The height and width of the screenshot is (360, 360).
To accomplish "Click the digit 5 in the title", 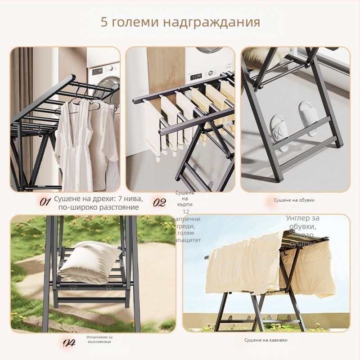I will [104, 22].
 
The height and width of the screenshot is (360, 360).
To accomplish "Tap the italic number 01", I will [45, 202].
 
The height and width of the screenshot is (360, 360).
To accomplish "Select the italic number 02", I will [159, 202].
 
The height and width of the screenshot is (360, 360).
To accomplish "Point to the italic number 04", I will [69, 343].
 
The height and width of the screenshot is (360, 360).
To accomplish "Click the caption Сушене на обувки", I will [294, 200].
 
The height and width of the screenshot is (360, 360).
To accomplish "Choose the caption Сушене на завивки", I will [265, 340].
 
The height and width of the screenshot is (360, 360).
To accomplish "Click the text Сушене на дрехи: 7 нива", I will [98, 199].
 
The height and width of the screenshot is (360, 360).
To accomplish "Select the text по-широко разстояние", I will [98, 207].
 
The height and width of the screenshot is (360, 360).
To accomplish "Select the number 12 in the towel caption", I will [186, 211].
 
